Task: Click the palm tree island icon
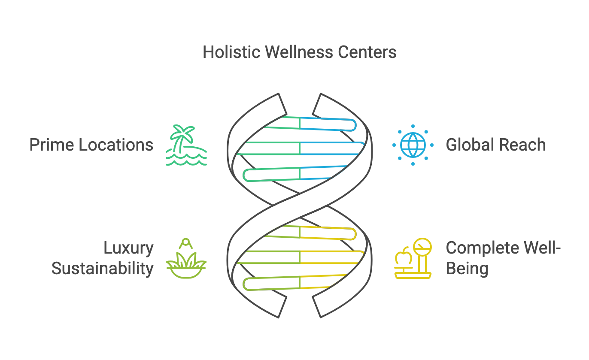(x=186, y=145)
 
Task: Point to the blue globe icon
(x=413, y=145)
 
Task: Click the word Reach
(x=523, y=145)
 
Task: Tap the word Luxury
(x=128, y=248)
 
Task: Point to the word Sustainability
(x=103, y=269)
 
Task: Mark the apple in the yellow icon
(x=403, y=258)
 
